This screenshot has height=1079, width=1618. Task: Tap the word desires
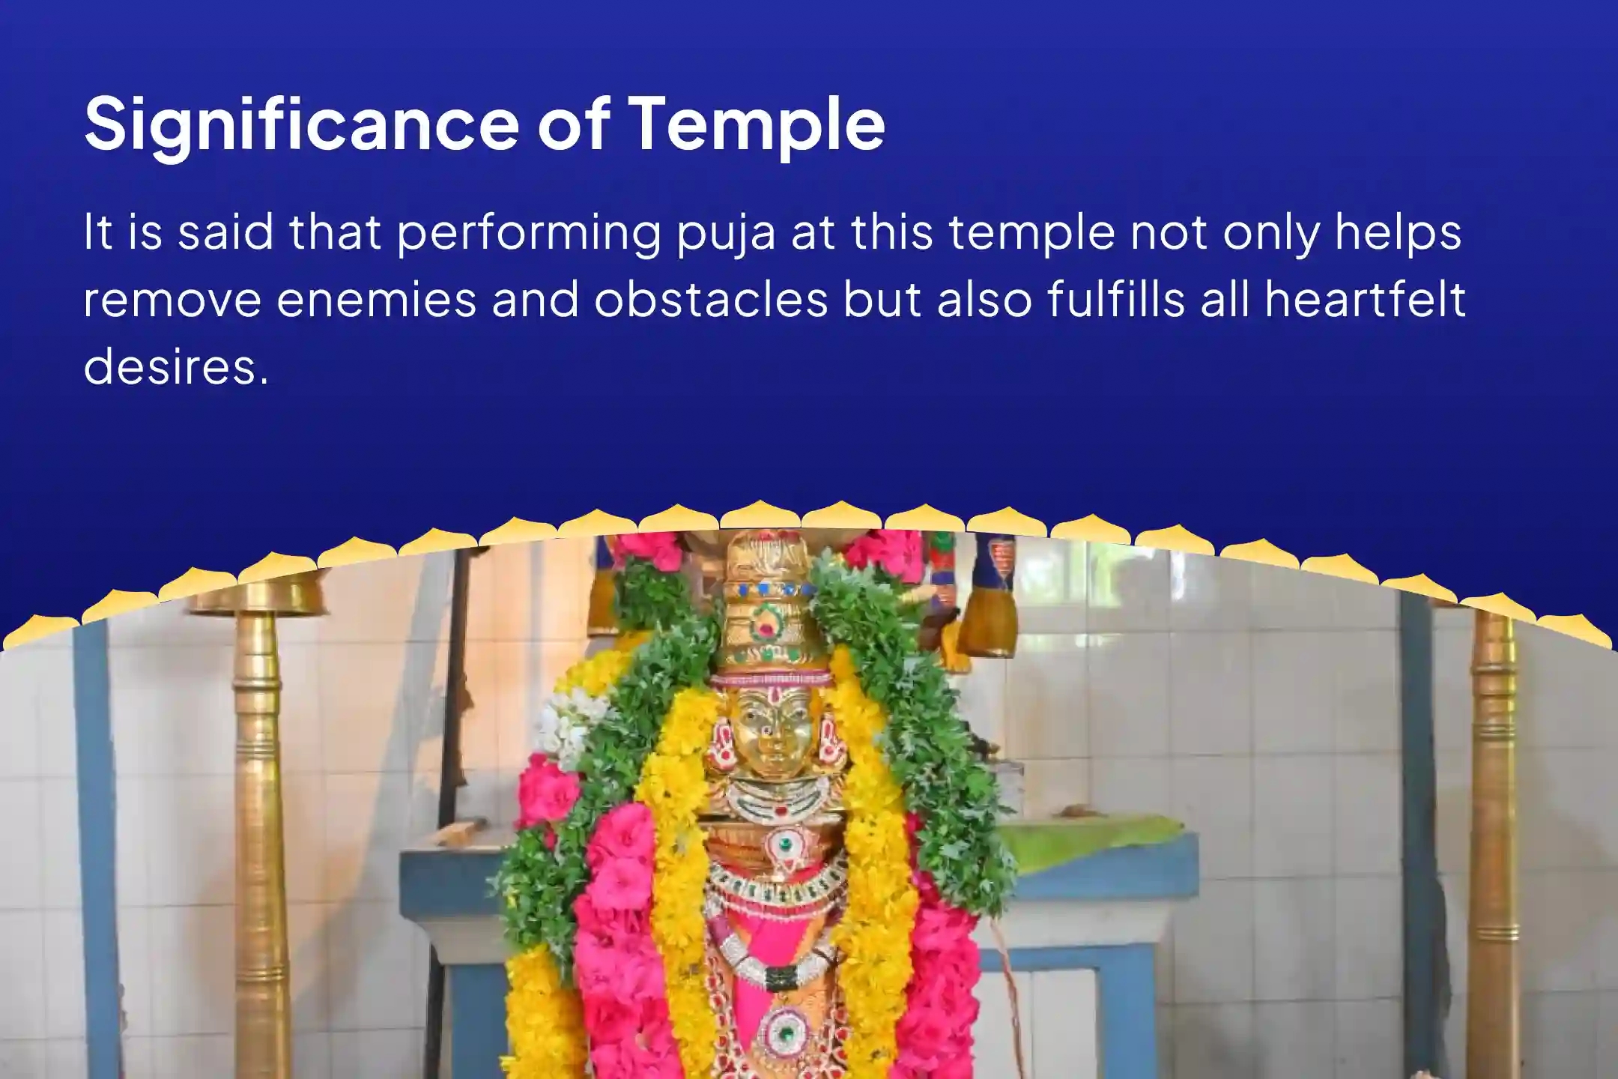click(175, 367)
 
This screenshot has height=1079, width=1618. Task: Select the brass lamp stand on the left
click(258, 824)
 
